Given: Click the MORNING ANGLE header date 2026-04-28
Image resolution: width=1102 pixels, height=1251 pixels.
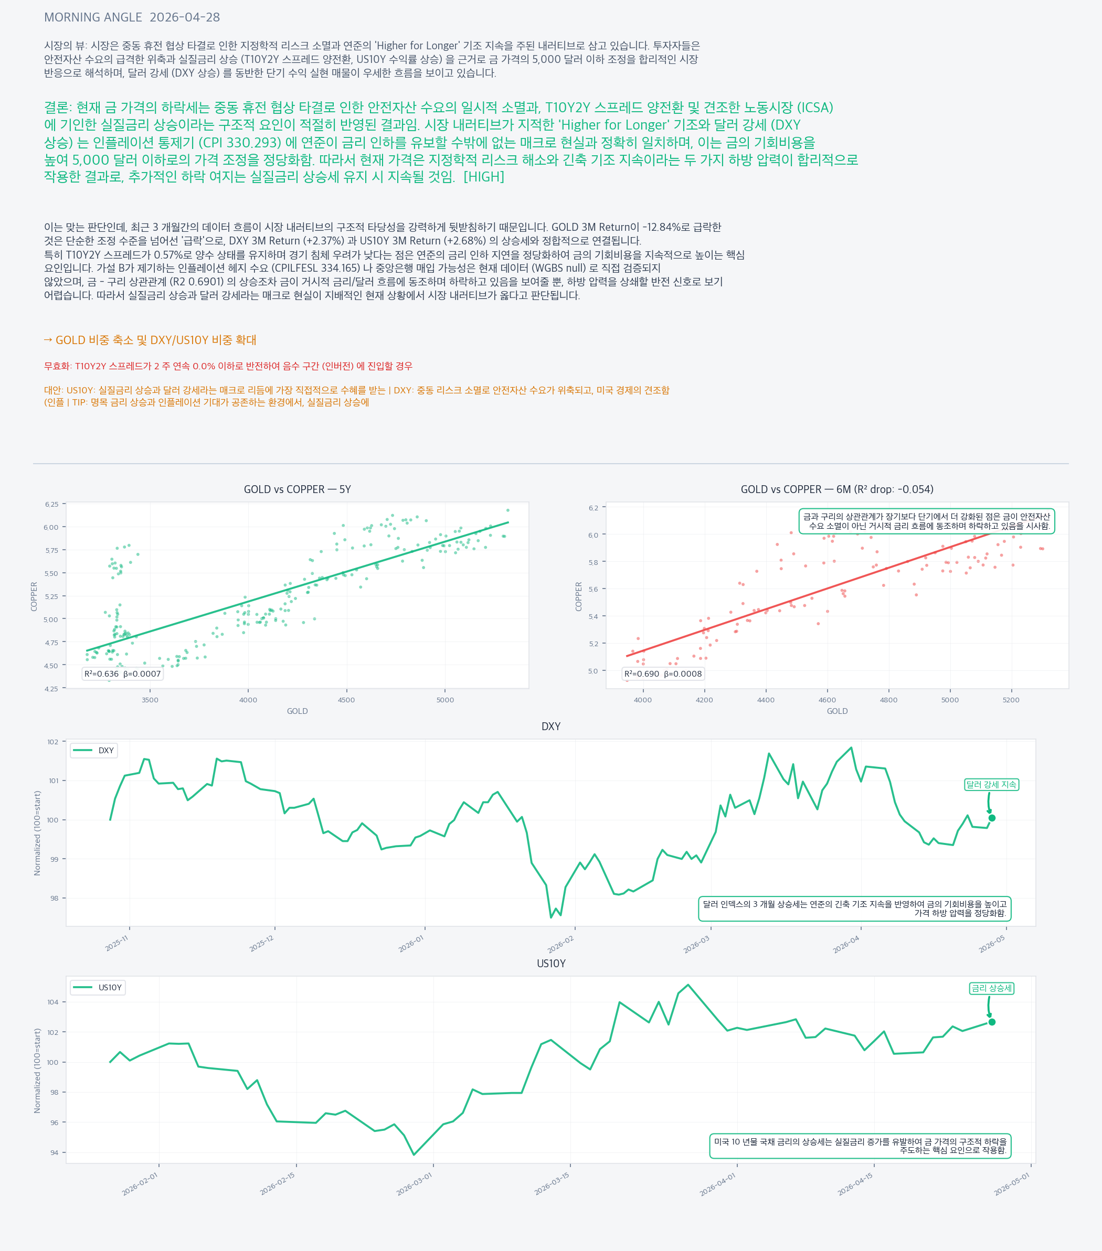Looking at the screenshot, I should [x=184, y=17].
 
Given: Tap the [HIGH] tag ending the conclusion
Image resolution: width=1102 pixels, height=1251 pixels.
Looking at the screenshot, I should [x=484, y=177].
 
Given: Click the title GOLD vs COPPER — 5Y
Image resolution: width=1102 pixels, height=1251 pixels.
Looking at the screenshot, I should [x=297, y=489].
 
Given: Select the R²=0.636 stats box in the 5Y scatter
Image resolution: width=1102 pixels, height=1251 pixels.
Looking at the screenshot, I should [x=122, y=674].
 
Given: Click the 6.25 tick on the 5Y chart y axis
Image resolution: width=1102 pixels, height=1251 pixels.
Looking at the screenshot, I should [x=51, y=504].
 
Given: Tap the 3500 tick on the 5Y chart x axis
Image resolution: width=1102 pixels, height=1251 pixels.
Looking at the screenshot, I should [x=150, y=700].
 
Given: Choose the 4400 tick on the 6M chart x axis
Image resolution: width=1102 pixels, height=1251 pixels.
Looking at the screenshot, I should [x=765, y=700].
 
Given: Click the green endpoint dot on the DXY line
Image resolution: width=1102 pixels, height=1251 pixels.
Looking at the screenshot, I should [x=992, y=818].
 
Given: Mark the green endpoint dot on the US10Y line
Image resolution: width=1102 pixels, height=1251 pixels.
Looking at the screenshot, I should [x=992, y=1022].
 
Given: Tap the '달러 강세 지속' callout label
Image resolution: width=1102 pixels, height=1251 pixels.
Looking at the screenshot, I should [x=991, y=785].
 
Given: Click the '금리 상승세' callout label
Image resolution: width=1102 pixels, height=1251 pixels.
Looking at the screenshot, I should [x=991, y=988].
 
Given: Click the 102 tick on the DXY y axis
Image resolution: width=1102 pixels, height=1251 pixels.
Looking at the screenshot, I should [x=54, y=742].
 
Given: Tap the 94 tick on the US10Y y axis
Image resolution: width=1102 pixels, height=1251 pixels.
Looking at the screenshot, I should [x=54, y=1152].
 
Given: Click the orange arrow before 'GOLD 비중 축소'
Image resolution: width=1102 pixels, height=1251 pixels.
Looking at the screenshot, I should [x=48, y=340].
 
